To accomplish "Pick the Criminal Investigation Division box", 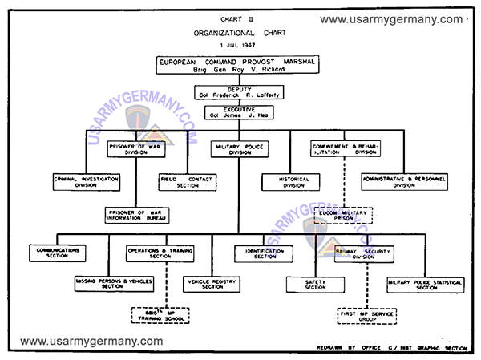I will tap(86, 182).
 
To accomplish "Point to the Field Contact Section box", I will tap(187, 182).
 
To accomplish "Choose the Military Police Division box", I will tap(240, 150).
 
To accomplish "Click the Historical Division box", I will tap(294, 182).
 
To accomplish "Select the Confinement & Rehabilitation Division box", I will tap(345, 150).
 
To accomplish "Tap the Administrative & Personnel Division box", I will tap(403, 182).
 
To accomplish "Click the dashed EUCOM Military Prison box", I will tap(345, 215).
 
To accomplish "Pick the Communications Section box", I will tap(58, 253).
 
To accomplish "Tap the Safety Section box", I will tap(314, 283).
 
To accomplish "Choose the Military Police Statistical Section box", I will tap(426, 283).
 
